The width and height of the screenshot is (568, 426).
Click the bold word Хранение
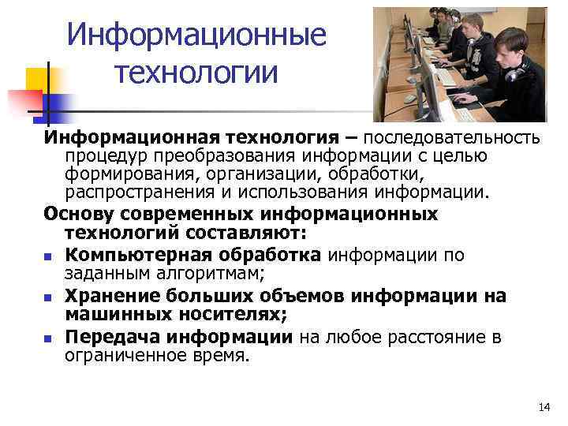[104, 295]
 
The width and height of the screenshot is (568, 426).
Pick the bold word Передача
[103, 337]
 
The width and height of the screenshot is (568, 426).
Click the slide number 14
[544, 407]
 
